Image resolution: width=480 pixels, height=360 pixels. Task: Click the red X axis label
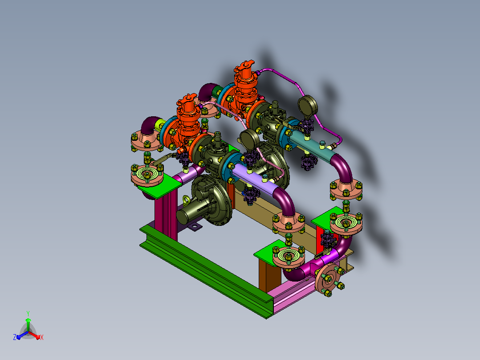[42, 337]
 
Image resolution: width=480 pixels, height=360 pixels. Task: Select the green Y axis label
[28, 313]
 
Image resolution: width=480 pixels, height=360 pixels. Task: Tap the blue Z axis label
[15, 337]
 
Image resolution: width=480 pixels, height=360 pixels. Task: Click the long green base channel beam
[206, 271]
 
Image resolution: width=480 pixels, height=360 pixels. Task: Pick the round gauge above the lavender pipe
[249, 139]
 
